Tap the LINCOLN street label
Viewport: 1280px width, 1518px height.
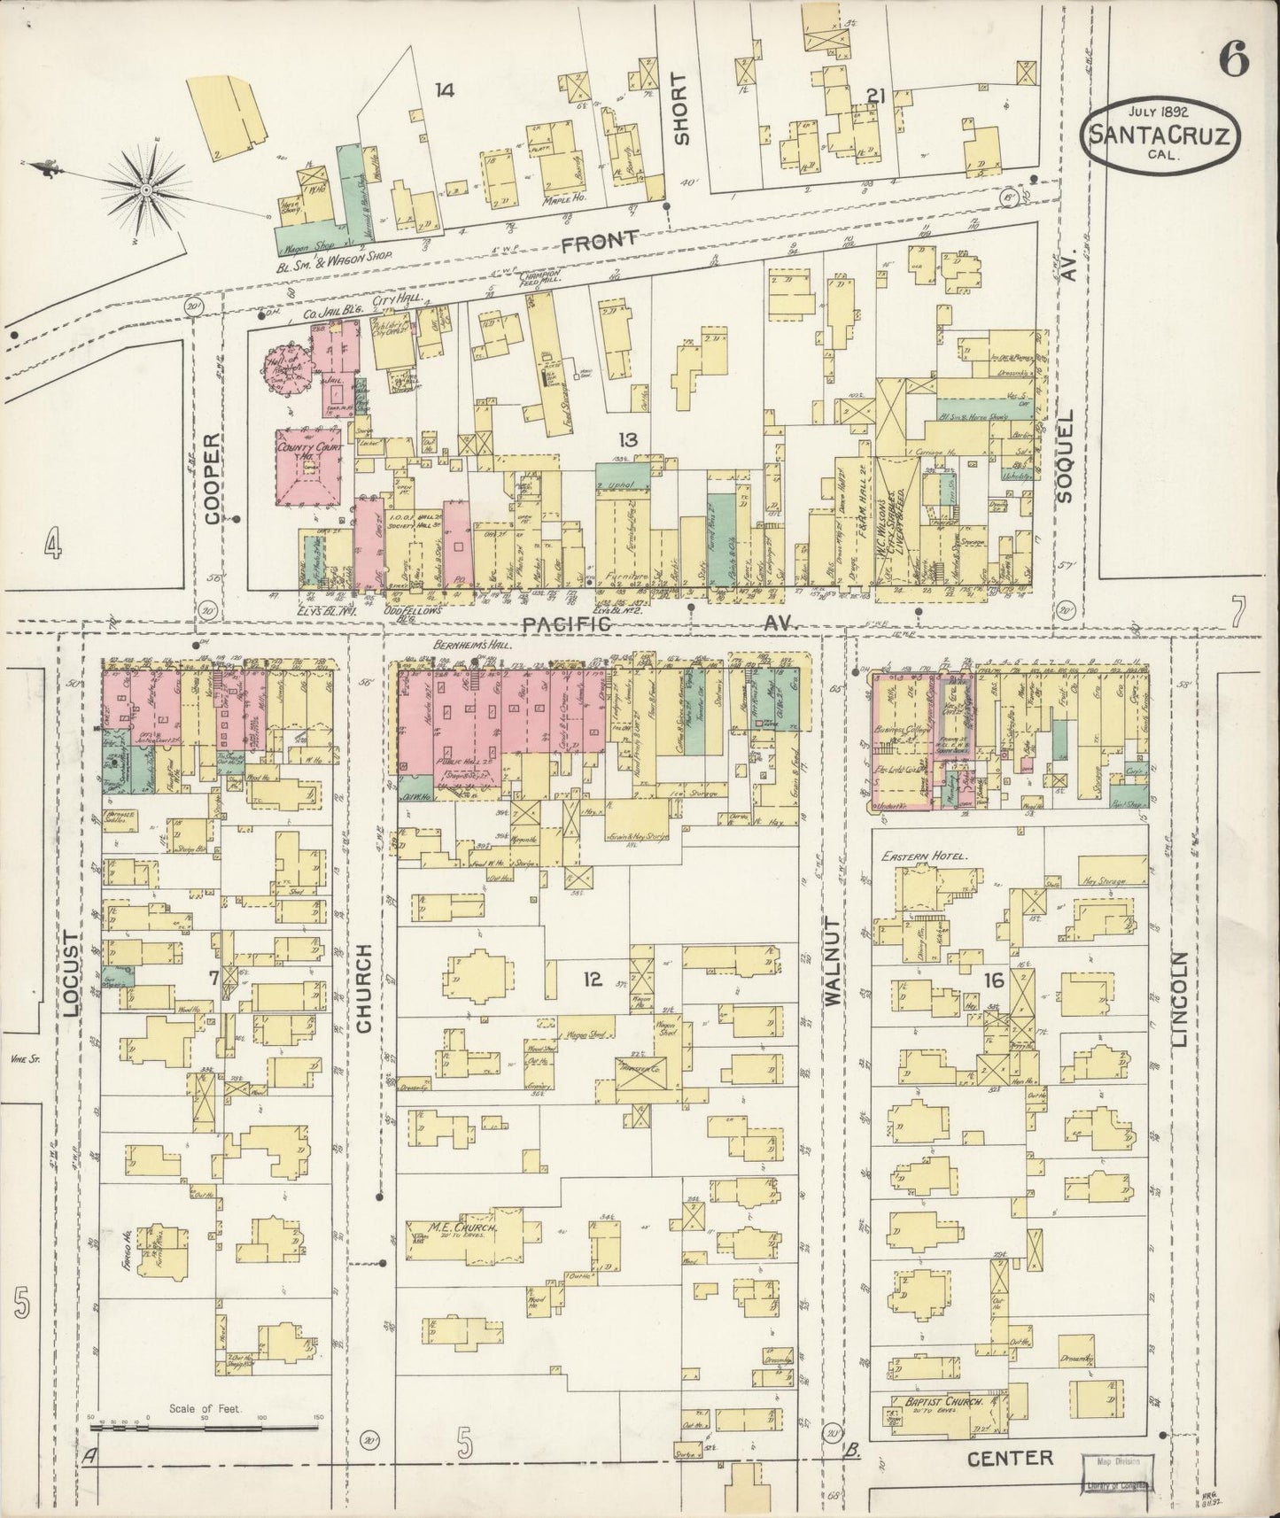(1179, 999)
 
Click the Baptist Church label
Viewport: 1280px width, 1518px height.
(938, 1402)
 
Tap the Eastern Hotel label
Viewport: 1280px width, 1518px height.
(924, 856)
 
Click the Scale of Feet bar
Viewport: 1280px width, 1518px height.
(206, 1420)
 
